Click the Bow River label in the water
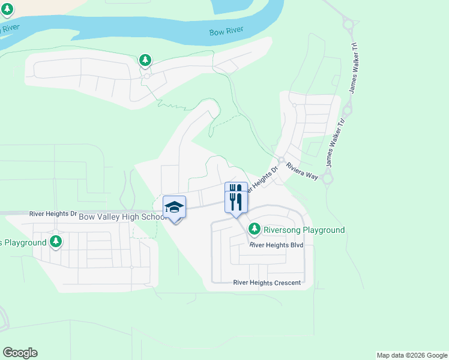point(225,32)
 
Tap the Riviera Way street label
point(301,170)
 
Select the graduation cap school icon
point(174,208)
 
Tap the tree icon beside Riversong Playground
point(255,229)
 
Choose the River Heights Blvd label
point(277,245)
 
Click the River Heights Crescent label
point(267,283)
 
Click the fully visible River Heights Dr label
point(53,213)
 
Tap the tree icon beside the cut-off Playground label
point(56,241)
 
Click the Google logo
point(20,353)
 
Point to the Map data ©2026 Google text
point(411,355)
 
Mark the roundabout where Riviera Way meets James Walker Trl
point(327,178)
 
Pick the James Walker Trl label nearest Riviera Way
point(335,142)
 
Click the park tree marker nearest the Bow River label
point(145,60)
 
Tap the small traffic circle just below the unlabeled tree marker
point(146,76)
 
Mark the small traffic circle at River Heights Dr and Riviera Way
point(281,160)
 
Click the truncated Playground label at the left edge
point(23,242)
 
